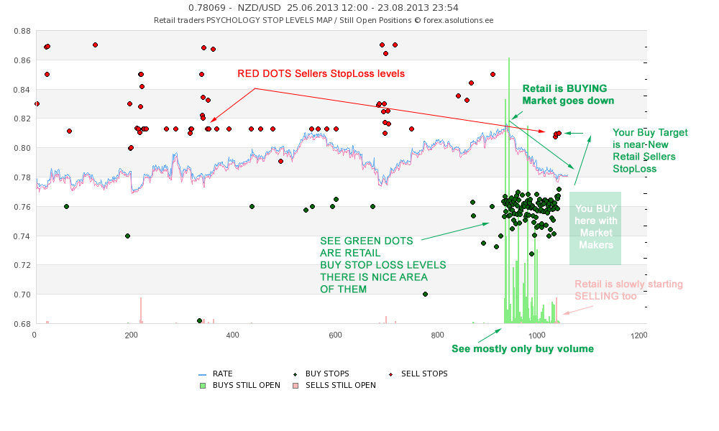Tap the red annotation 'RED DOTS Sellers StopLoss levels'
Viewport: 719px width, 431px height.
tap(321, 73)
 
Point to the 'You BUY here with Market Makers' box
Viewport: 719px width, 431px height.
tap(595, 227)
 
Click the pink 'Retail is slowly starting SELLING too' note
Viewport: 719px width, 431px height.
tap(628, 289)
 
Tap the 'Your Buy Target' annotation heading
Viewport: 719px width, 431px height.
tap(650, 132)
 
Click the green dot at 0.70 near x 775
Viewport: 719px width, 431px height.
tap(425, 294)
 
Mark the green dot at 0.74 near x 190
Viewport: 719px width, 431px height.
tap(127, 236)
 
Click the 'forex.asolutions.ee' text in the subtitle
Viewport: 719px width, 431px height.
tap(458, 20)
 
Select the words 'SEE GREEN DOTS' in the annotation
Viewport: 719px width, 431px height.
tap(359, 241)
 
